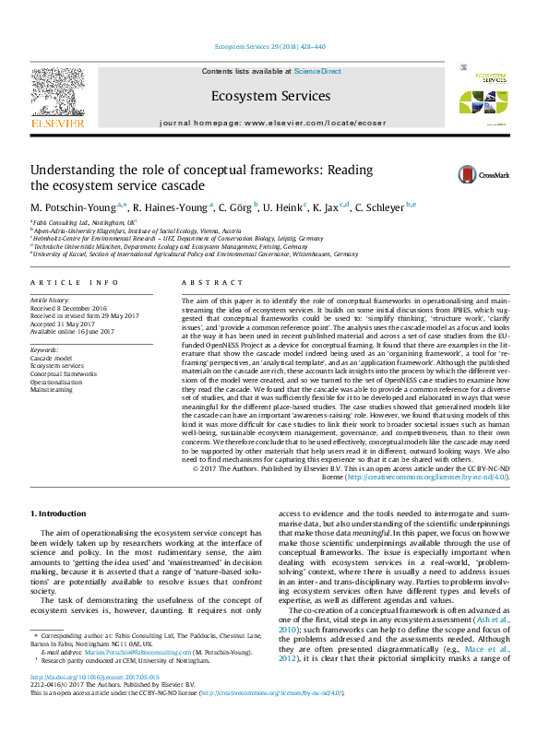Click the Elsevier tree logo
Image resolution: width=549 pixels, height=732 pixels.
(57, 92)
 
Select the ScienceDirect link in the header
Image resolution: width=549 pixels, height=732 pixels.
(317, 71)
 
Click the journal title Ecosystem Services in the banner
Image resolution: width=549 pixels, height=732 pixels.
(270, 96)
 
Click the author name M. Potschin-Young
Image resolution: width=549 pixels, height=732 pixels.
(69, 206)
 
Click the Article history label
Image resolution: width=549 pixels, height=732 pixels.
(52, 301)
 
